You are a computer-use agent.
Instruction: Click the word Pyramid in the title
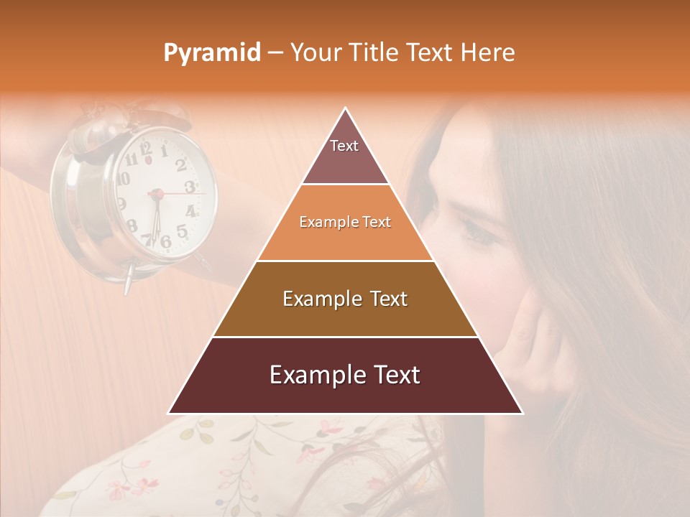[212, 53]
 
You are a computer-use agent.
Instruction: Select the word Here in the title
[488, 53]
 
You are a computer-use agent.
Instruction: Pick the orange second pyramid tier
[345, 223]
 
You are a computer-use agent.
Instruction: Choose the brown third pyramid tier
[345, 299]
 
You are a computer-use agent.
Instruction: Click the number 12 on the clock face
[147, 149]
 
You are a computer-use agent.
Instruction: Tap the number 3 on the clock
[190, 187]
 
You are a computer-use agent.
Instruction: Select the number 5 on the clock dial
[182, 231]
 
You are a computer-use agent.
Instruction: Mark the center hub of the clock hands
[155, 193]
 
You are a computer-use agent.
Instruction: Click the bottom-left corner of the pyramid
[168, 413]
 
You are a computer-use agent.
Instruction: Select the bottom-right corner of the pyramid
[523, 413]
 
